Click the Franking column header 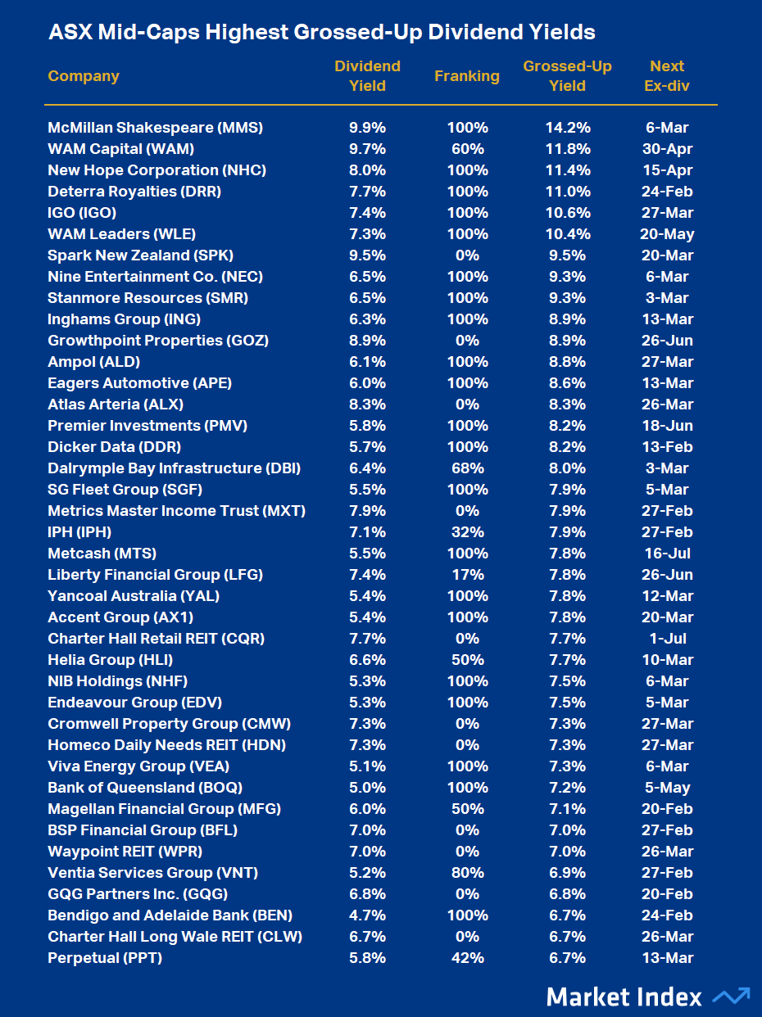466,76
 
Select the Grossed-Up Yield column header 567,76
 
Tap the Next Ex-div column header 667,76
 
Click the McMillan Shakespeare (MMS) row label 155,128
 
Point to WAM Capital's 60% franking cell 467,149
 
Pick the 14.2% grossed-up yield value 568,128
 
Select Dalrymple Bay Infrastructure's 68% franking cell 467,468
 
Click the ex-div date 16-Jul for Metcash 668,554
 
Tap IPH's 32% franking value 467,532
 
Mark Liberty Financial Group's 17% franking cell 467,575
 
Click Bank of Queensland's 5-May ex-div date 668,788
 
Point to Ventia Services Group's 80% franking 467,873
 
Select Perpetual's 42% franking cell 467,958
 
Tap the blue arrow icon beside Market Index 731,997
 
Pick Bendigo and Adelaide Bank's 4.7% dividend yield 367,915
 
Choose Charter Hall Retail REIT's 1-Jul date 668,639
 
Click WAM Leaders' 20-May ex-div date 668,234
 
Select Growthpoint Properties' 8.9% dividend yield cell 367,341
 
